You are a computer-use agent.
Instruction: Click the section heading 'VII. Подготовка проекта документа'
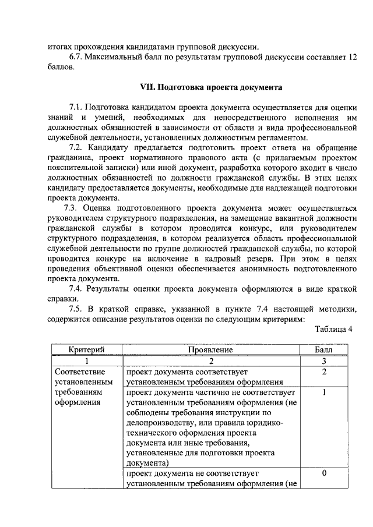211,87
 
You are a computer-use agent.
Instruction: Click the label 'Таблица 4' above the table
334,329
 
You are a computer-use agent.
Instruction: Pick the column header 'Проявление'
211,350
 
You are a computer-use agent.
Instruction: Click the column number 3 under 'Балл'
323,360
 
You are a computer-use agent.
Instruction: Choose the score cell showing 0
323,474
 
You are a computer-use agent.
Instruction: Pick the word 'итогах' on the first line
59,46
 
